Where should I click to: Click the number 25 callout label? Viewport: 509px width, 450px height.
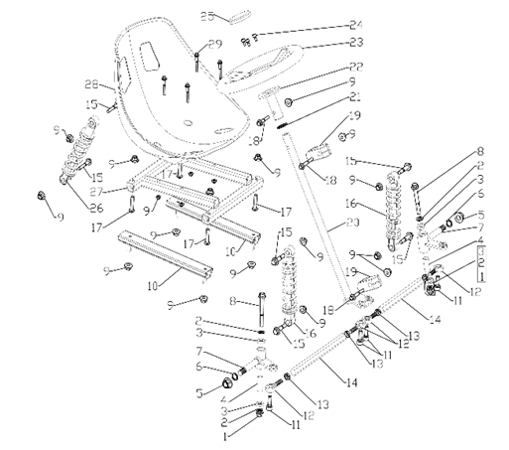click(206, 15)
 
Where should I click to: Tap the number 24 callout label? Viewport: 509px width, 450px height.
click(328, 25)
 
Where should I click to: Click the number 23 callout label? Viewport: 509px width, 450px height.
click(328, 43)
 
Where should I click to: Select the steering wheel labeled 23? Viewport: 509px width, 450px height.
click(265, 69)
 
